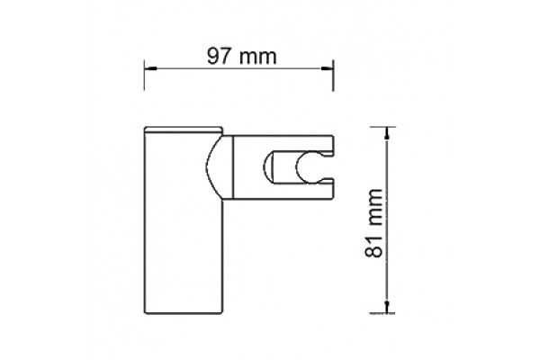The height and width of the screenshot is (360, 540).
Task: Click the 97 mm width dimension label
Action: pyautogui.click(x=241, y=56)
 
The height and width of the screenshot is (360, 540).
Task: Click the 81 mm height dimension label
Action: pyautogui.click(x=373, y=223)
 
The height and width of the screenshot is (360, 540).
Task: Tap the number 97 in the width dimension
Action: pyautogui.click(x=219, y=56)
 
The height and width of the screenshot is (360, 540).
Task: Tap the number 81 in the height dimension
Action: pyautogui.click(x=373, y=247)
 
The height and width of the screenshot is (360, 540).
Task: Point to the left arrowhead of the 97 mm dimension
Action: pyautogui.click(x=150, y=68)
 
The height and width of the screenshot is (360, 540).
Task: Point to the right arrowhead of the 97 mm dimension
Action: pyautogui.click(x=328, y=68)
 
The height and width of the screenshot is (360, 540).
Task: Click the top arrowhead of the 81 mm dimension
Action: pyautogui.click(x=387, y=133)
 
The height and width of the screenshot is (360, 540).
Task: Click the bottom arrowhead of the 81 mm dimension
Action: pyautogui.click(x=387, y=307)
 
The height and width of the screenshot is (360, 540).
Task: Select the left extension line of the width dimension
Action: pyautogui.click(x=144, y=75)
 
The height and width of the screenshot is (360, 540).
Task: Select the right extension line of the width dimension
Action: pyautogui.click(x=333, y=76)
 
